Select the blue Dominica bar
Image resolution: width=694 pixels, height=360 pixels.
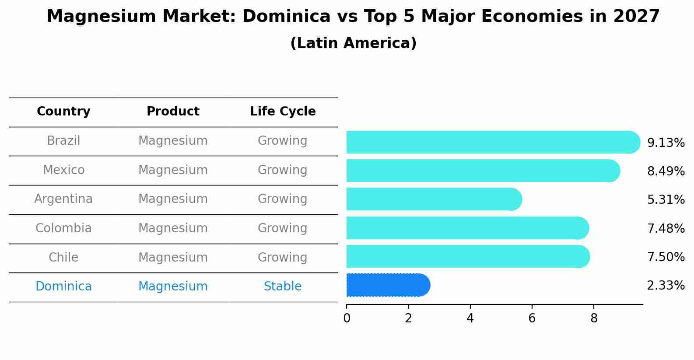387,285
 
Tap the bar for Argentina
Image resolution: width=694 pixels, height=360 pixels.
433,199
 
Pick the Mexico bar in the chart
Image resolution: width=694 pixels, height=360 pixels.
481,171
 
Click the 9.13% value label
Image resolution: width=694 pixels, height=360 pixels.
666,143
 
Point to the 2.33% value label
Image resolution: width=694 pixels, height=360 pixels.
666,286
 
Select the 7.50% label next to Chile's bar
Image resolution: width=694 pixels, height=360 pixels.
666,257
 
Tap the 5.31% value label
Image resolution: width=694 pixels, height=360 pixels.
666,200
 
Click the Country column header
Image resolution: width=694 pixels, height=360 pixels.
63,112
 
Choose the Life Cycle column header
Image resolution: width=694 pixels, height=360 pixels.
283,112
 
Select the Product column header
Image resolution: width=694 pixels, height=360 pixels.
173,112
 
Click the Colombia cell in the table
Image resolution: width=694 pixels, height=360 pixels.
63,228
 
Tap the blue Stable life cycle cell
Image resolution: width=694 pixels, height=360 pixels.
283,287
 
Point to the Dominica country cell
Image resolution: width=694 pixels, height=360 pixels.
63,287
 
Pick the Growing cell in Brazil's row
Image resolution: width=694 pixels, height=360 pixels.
283,141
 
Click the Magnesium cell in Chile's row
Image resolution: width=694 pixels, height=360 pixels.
173,258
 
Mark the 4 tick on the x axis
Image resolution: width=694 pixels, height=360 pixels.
470,318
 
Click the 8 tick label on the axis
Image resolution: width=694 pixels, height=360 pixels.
594,318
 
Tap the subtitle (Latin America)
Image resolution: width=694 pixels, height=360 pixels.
353,43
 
